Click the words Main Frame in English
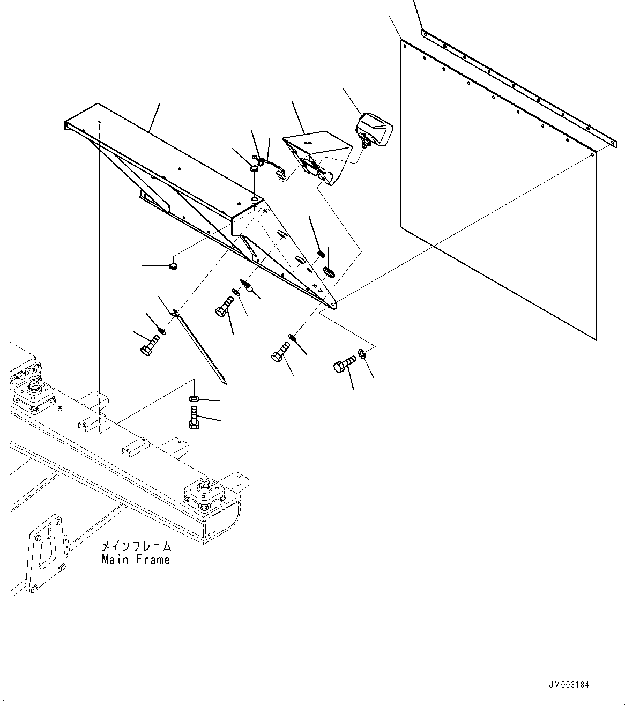136,560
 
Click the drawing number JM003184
569,685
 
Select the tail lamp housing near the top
375,129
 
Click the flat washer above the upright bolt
194,399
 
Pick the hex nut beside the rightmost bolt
362,353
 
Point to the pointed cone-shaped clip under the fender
248,286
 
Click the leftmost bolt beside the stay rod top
150,344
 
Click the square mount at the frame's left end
33,394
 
